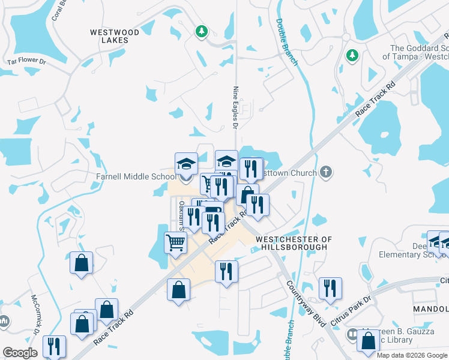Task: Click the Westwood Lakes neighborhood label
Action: click(x=115, y=36)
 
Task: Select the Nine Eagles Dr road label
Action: click(x=235, y=107)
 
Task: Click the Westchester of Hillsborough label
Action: click(x=293, y=243)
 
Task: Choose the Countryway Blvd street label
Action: click(x=306, y=304)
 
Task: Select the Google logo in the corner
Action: click(x=20, y=353)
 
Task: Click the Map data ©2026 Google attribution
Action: click(x=412, y=355)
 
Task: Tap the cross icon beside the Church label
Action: click(x=325, y=173)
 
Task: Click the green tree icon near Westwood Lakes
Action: click(x=202, y=31)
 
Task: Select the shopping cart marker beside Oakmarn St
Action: click(x=175, y=243)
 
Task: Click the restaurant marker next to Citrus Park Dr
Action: click(x=330, y=288)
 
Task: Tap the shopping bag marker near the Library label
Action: click(x=367, y=340)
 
